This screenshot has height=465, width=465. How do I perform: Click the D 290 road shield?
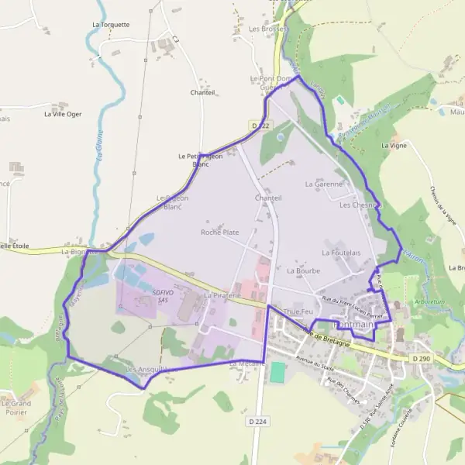coord(421,359)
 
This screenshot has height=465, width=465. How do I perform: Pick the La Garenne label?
coord(324,184)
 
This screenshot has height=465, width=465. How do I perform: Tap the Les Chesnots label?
coord(360,205)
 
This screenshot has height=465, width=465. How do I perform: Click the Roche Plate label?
coord(220,232)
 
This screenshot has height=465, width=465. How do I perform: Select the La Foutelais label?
coord(342,253)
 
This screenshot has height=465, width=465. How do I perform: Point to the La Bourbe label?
coord(302,271)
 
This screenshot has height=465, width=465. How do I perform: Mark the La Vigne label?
coord(394,145)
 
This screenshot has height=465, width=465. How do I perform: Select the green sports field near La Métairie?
coord(277,372)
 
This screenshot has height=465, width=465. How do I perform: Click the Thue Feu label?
coord(298,312)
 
